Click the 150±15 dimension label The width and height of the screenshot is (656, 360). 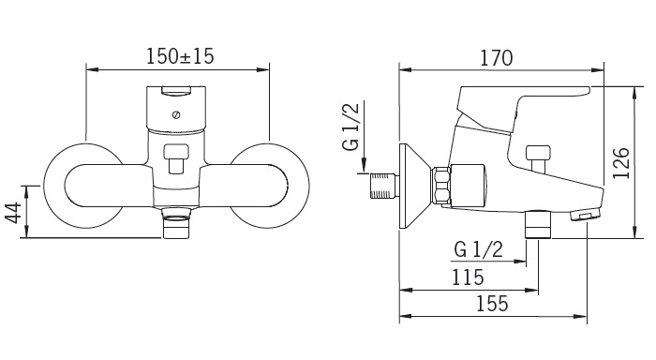click(180, 56)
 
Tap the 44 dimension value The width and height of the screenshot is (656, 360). click(13, 213)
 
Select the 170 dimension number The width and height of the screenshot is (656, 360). click(496, 58)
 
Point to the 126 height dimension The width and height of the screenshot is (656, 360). click(621, 163)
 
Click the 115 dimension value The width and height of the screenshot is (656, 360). click(468, 277)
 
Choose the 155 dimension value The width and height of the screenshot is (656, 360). click(492, 304)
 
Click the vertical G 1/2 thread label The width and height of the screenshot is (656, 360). click(350, 127)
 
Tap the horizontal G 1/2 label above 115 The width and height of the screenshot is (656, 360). click(478, 250)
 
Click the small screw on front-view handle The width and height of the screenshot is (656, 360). click(176, 114)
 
